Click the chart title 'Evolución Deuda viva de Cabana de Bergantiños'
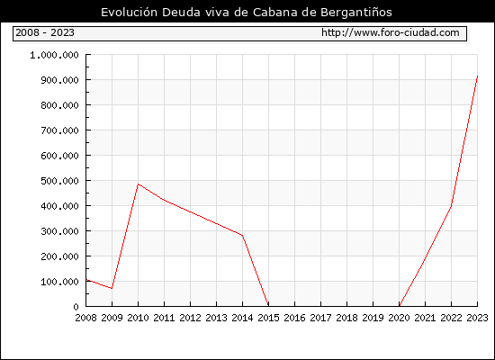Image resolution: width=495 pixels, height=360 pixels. pyautogui.click(x=247, y=13)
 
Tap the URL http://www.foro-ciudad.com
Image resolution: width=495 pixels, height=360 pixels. pyautogui.click(x=391, y=32)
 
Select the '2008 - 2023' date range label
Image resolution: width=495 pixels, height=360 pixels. pyautogui.click(x=45, y=32)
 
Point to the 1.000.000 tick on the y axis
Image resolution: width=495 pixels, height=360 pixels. pyautogui.click(x=54, y=55)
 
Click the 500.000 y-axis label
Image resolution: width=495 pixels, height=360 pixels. pyautogui.click(x=59, y=181)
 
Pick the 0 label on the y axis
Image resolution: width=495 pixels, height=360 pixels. pyautogui.click(x=76, y=307)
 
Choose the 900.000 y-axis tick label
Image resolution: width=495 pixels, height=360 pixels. pyautogui.click(x=59, y=80)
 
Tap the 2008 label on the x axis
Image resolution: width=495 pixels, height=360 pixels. pyautogui.click(x=85, y=318)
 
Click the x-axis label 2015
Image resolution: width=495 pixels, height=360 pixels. pyautogui.click(x=269, y=318)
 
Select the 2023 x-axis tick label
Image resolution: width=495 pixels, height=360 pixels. pyautogui.click(x=477, y=318)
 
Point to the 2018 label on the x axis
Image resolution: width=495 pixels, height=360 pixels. pyautogui.click(x=346, y=318)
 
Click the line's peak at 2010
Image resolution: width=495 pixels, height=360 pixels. pyautogui.click(x=138, y=184)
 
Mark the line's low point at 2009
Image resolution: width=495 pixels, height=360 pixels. pyautogui.click(x=112, y=288)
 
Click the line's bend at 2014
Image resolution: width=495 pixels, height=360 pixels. pyautogui.click(x=242, y=235)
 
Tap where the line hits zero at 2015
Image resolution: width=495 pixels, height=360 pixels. pyautogui.click(x=268, y=306)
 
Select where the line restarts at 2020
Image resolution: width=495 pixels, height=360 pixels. pyautogui.click(x=400, y=306)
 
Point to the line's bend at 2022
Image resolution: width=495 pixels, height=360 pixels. pyautogui.click(x=451, y=206)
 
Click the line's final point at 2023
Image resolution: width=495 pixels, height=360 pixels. pyautogui.click(x=477, y=76)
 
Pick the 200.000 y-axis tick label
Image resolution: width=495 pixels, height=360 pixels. pyautogui.click(x=59, y=256)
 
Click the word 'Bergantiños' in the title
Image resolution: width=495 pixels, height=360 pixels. pyautogui.click(x=356, y=13)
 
